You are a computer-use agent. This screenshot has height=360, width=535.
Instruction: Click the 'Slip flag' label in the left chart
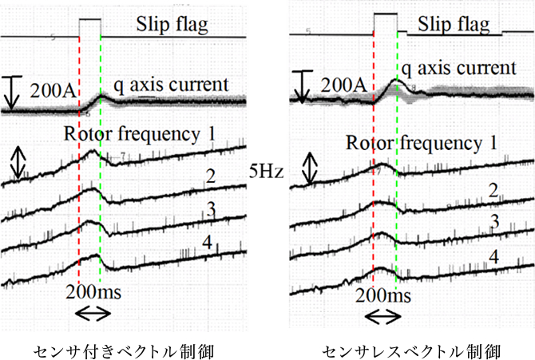pyautogui.click(x=172, y=25)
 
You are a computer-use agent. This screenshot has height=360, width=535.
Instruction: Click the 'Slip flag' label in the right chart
pyautogui.click(x=454, y=25)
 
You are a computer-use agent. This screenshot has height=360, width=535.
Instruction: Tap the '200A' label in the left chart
pyautogui.click(x=53, y=90)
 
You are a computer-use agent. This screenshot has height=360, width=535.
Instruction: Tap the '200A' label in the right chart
pyautogui.click(x=343, y=85)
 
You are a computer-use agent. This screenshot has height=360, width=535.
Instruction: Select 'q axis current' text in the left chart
pyautogui.click(x=171, y=85)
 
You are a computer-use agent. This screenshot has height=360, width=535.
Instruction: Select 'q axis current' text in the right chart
pyautogui.click(x=459, y=69)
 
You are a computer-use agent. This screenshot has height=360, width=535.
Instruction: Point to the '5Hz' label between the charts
pyautogui.click(x=266, y=171)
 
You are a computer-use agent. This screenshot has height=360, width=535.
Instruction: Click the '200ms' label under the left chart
pyautogui.click(x=93, y=292)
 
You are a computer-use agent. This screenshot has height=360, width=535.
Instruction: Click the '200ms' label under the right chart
pyautogui.click(x=383, y=295)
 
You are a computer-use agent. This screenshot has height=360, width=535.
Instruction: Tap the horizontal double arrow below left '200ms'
pyautogui.click(x=93, y=314)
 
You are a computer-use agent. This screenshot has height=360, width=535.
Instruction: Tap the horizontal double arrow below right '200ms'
pyautogui.click(x=382, y=317)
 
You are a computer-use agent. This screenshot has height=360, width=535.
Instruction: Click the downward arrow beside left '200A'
pyautogui.click(x=12, y=93)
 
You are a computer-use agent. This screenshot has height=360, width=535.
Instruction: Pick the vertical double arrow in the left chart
pyautogui.click(x=18, y=163)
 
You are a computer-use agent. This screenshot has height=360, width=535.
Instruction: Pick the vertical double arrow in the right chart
pyautogui.click(x=310, y=168)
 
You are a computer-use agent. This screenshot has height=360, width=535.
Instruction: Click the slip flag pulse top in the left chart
pyautogui.click(x=90, y=19)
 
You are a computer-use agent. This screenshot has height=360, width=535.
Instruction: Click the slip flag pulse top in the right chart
pyautogui.click(x=386, y=14)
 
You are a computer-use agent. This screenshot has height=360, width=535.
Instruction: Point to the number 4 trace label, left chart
pyautogui.click(x=208, y=242)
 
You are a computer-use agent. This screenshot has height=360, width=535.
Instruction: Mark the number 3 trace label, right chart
pyautogui.click(x=495, y=221)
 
